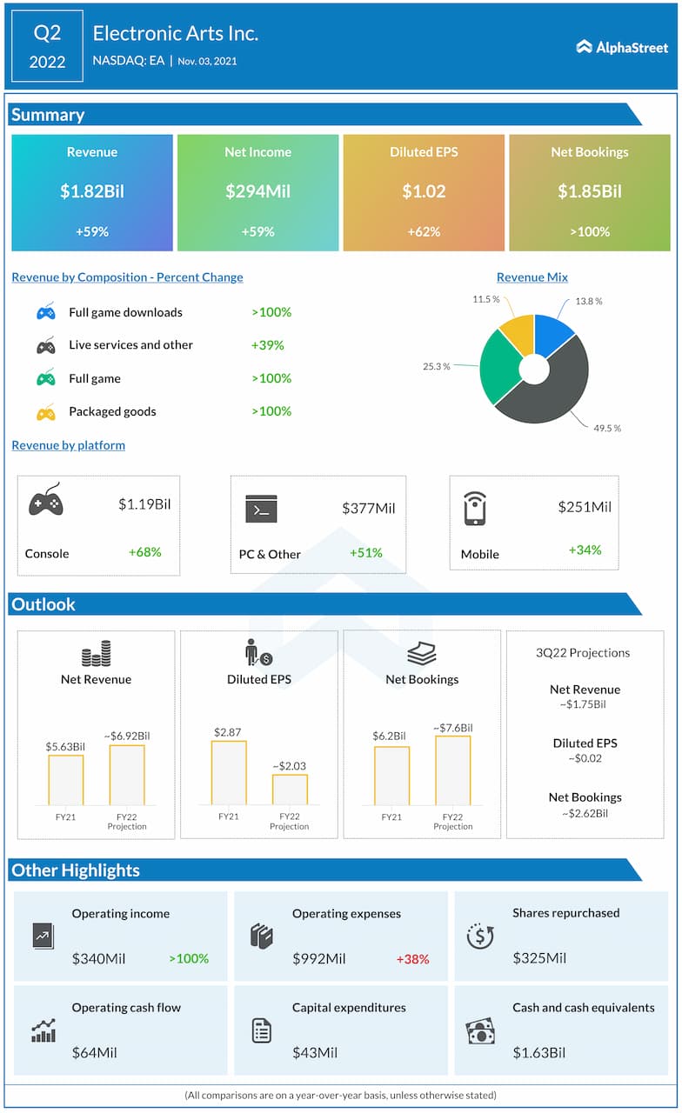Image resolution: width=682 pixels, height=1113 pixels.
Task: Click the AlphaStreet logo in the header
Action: pyautogui.click(x=621, y=47)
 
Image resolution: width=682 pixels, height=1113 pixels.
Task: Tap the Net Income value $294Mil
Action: pyautogui.click(x=257, y=191)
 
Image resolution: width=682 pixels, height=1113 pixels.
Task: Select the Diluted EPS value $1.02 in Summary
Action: pyautogui.click(x=423, y=191)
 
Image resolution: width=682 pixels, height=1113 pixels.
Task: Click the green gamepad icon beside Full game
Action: pyautogui.click(x=46, y=379)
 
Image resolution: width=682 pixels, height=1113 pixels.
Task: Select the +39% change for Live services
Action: pyautogui.click(x=267, y=345)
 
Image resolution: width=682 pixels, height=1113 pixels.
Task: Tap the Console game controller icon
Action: pyautogui.click(x=46, y=502)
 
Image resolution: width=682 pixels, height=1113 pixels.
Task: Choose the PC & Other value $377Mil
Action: pyautogui.click(x=368, y=508)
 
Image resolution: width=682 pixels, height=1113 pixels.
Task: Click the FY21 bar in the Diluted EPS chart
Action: pyautogui.click(x=229, y=773)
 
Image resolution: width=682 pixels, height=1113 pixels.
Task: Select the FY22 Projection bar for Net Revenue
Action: pyautogui.click(x=127, y=775)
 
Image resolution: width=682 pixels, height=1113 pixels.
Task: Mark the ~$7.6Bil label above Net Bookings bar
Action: pyautogui.click(x=453, y=728)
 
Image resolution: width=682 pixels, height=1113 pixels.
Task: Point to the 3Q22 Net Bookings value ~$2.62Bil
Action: pyautogui.click(x=585, y=814)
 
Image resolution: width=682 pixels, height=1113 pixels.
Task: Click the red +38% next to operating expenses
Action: pyautogui.click(x=412, y=959)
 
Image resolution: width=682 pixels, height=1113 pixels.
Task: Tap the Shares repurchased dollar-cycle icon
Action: pyautogui.click(x=480, y=936)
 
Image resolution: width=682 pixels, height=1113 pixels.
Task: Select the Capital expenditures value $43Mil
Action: pyautogui.click(x=315, y=1053)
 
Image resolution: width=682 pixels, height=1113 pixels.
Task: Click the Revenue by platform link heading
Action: pyautogui.click(x=69, y=445)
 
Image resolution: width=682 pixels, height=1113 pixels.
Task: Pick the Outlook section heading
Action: pyautogui.click(x=43, y=604)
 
